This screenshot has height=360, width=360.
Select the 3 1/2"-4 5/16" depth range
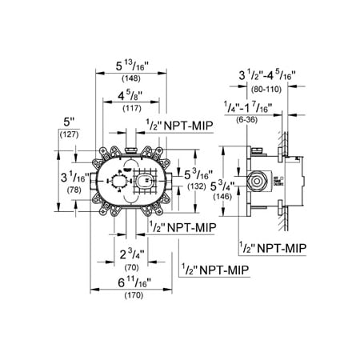[x=266, y=78]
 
